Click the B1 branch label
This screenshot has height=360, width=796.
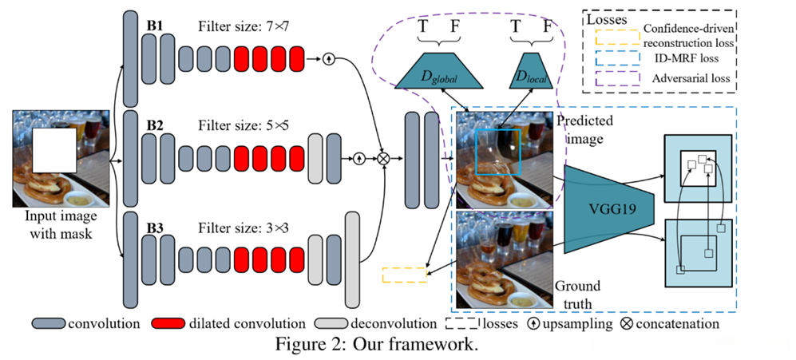[155, 26]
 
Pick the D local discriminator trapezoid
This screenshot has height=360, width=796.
[529, 70]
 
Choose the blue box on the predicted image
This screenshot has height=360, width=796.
[497, 152]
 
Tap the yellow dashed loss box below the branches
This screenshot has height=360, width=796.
[403, 275]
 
